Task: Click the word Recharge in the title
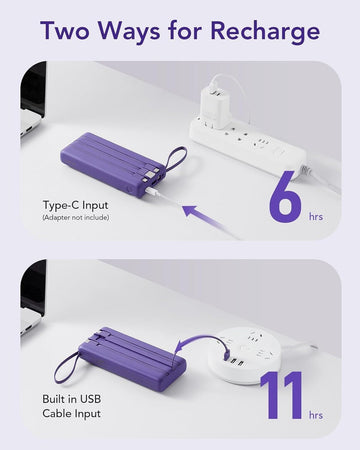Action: [265, 32]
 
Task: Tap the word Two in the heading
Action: [65, 30]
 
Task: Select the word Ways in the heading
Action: [129, 32]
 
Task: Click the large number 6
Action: [285, 196]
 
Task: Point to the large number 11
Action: [282, 395]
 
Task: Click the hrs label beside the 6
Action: [316, 217]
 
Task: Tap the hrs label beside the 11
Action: [316, 415]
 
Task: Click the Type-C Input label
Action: [76, 205]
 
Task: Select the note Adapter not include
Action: [76, 218]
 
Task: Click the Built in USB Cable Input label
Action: [72, 406]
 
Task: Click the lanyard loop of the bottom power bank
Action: [68, 367]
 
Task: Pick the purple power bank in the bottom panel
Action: [132, 358]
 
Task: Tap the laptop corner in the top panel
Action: [33, 100]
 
